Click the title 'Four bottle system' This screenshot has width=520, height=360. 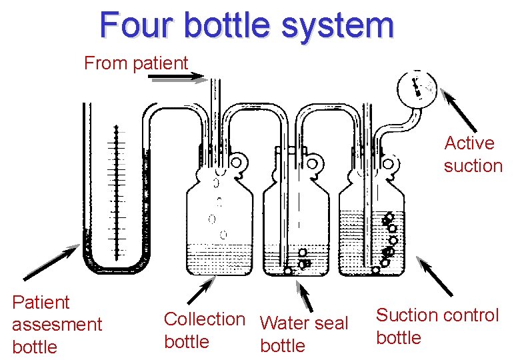(x=247, y=25)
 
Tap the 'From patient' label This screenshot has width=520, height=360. (x=136, y=63)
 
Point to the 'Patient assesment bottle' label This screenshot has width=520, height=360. (x=57, y=325)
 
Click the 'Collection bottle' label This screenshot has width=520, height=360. (x=204, y=330)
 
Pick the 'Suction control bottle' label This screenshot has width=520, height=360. (x=437, y=326)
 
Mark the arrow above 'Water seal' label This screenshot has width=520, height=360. (x=305, y=296)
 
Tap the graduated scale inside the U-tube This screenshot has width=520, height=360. (x=118, y=193)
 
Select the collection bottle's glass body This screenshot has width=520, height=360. (x=219, y=227)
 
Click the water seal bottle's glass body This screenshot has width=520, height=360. (x=297, y=227)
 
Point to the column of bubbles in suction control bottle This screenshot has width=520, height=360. (x=389, y=240)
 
